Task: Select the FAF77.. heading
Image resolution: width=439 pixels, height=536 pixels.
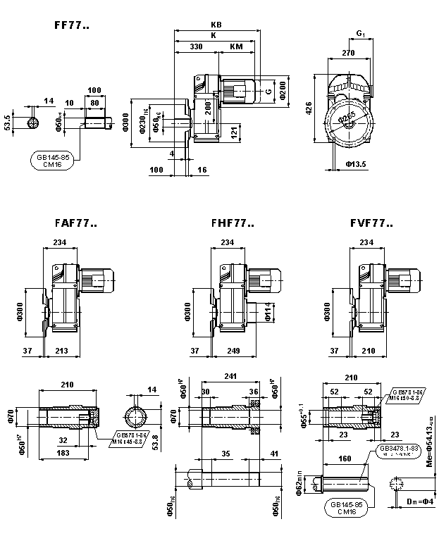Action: click(x=75, y=223)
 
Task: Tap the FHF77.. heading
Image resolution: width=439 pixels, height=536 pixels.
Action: click(x=232, y=223)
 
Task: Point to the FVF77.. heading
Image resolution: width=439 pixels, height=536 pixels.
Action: click(x=371, y=223)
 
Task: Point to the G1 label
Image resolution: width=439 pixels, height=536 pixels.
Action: click(x=361, y=33)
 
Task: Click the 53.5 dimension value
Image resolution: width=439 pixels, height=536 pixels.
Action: click(x=8, y=118)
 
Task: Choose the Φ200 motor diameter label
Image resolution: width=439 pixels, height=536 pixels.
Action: click(x=283, y=90)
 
